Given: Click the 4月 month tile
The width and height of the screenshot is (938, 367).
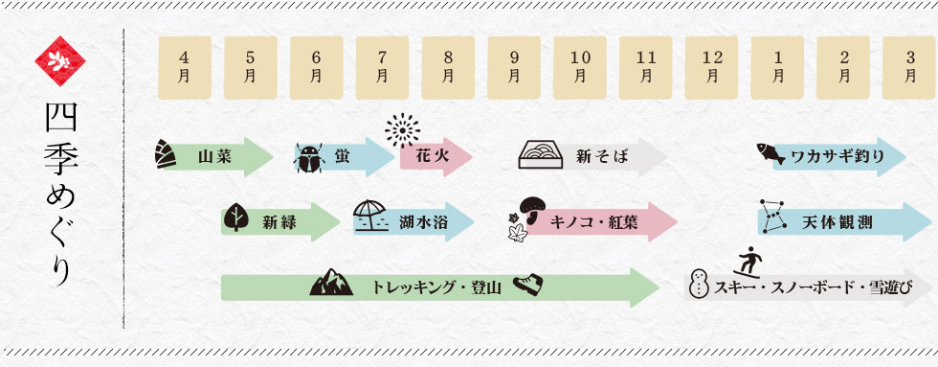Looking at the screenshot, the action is click(x=184, y=68).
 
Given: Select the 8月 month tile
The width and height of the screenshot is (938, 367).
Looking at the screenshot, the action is click(x=448, y=68).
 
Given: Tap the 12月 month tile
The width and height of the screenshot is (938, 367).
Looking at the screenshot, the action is click(x=712, y=68).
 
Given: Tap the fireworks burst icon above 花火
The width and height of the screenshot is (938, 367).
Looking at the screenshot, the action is click(x=403, y=129).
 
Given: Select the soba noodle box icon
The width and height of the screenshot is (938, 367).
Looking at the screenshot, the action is click(x=543, y=155).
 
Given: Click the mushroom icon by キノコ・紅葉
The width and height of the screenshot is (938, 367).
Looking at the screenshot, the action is click(x=532, y=208).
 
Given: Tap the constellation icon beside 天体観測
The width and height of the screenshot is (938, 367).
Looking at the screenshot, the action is click(x=772, y=215).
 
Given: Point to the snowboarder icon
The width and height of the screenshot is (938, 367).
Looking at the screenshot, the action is click(x=752, y=260).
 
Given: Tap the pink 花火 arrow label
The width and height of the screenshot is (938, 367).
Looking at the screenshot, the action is click(x=436, y=157).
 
